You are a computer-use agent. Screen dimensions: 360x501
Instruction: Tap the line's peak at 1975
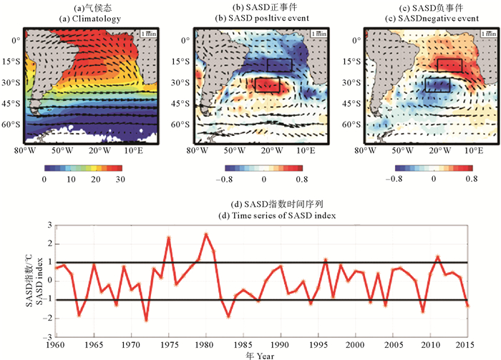pyautogui.click(x=169, y=238)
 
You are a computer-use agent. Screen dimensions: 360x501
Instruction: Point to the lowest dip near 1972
pyautogui.click(x=146, y=320)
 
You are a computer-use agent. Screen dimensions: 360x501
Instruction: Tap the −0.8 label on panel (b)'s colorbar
pyautogui.click(x=225, y=177)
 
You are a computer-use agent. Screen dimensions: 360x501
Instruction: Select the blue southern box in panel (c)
pyautogui.click(x=437, y=84)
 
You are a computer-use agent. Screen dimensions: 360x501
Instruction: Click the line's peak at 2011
pyautogui.click(x=437, y=256)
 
